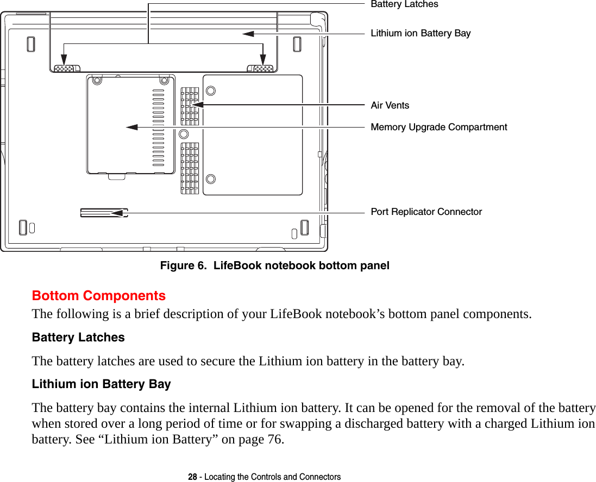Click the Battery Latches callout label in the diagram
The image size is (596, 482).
coord(404,4)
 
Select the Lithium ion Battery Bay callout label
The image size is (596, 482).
coord(421,33)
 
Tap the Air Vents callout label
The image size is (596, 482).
coord(390,105)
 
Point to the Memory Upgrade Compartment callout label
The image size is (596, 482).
coord(438,127)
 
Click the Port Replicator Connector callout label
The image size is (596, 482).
coord(426,212)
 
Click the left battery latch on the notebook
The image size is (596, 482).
coord(66,69)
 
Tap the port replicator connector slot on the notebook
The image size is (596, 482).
coord(104,213)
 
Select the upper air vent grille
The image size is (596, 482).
coord(190,106)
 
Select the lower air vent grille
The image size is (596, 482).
coord(190,168)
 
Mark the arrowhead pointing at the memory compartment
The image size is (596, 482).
coord(131,127)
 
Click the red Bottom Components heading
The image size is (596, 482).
coord(99,296)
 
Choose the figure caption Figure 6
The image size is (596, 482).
coord(274,266)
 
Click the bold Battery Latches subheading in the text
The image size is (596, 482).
coord(78,338)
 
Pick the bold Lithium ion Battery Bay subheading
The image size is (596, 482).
coord(102,384)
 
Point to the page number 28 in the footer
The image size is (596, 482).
coord(192,477)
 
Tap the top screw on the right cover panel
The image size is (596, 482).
coord(211,91)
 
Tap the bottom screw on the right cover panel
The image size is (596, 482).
coord(211,179)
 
